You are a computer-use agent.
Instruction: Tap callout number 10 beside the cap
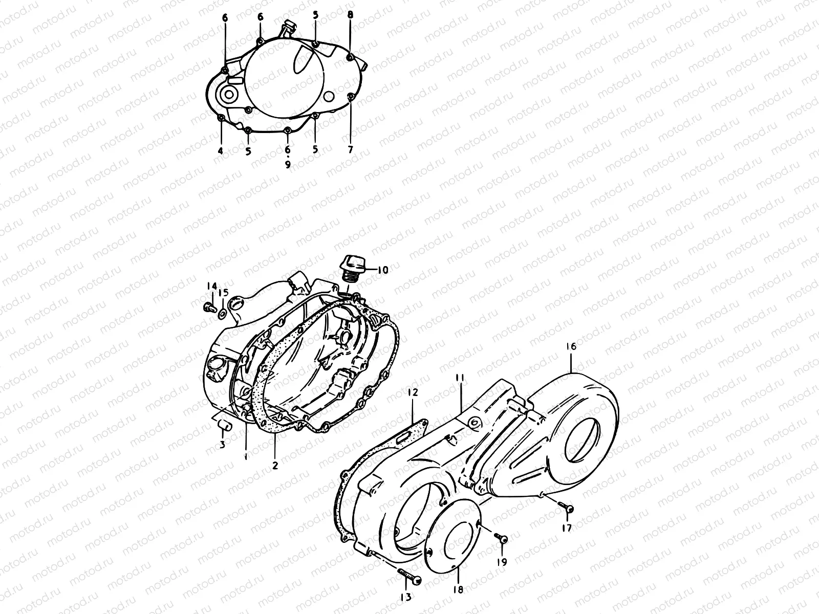[x=383, y=270]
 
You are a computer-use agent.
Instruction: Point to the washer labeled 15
[x=222, y=313]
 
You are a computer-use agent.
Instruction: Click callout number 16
[x=571, y=347]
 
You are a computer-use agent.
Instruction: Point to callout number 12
[x=413, y=393]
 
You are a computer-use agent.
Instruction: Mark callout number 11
[x=460, y=377]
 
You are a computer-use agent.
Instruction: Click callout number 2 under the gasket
[x=275, y=466]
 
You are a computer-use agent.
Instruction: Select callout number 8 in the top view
[x=350, y=15]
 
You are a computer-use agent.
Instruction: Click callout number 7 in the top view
[x=351, y=150]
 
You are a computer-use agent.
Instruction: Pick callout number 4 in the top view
[x=221, y=150]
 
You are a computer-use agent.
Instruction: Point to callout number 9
[x=287, y=165]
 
